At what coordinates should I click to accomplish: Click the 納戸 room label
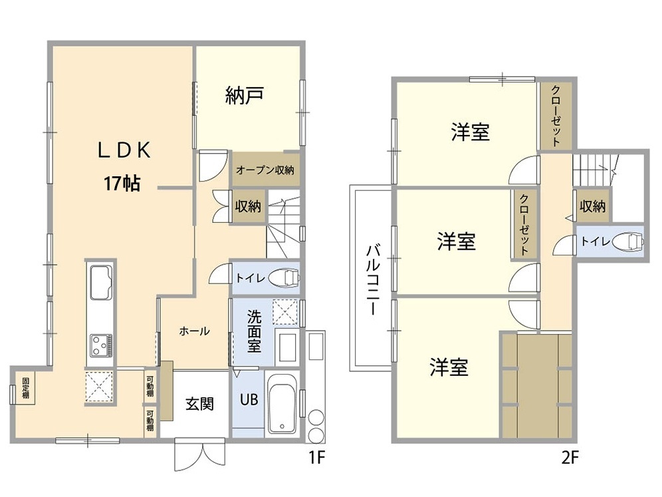[245, 96]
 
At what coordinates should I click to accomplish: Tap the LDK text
[124, 150]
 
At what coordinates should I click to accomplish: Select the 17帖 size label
[122, 184]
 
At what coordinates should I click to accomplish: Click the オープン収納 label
[265, 170]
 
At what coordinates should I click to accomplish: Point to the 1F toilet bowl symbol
[284, 277]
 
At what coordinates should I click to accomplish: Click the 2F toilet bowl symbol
[628, 242]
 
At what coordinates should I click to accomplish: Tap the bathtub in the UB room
[282, 404]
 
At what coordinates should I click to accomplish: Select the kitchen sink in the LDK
[100, 282]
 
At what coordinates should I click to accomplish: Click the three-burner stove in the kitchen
[101, 345]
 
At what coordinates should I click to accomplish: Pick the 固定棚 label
[26, 388]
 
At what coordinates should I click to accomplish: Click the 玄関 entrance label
[199, 404]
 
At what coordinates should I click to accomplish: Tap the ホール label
[194, 331]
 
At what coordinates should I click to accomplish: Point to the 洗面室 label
[254, 331]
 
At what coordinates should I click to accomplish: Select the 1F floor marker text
[316, 457]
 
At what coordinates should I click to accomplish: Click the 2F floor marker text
[570, 457]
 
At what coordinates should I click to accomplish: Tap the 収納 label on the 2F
[593, 206]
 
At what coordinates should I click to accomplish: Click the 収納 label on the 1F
[248, 207]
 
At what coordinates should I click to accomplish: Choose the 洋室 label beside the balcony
[457, 242]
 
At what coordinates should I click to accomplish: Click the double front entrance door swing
[200, 455]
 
